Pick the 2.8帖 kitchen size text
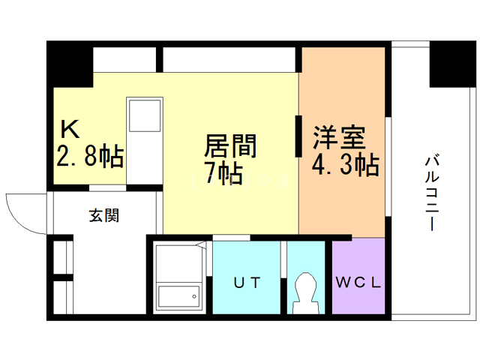click(89, 156)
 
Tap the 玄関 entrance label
click(104, 216)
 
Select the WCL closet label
click(358, 283)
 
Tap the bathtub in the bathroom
click(178, 297)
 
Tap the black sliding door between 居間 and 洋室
click(298, 136)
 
